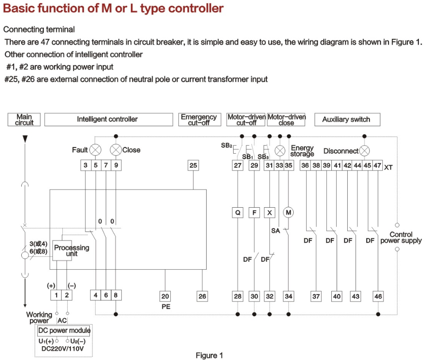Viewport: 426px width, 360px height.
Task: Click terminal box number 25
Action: point(193,165)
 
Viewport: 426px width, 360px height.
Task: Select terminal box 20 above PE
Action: point(165,296)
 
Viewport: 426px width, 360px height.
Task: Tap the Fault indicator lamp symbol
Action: point(96,150)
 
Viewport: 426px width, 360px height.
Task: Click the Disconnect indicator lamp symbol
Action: point(365,151)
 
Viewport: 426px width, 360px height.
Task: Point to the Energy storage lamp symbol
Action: point(280,151)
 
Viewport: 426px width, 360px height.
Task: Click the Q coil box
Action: point(238,213)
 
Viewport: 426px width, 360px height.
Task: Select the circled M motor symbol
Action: point(288,213)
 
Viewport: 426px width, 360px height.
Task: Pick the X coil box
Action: point(269,213)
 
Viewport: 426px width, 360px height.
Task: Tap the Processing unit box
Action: point(62,251)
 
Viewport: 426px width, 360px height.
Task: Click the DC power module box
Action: point(64,331)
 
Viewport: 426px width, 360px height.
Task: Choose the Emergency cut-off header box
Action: point(200,120)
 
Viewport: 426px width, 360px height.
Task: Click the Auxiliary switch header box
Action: point(347,120)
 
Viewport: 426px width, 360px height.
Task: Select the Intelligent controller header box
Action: point(108,120)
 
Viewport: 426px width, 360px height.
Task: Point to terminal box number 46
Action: point(378,296)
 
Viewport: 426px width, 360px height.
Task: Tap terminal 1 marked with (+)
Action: point(56,295)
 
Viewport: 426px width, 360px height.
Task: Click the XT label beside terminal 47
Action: point(388,167)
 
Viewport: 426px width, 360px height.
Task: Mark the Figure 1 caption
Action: point(209,356)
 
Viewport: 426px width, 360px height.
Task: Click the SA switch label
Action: point(276,231)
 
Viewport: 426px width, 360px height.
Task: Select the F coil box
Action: point(254,213)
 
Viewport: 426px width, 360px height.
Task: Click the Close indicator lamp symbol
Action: point(116,150)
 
